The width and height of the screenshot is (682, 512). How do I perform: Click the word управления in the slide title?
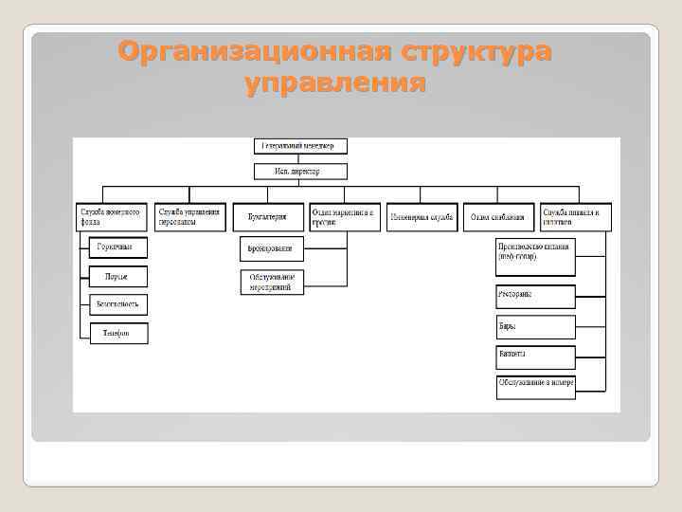click(334, 83)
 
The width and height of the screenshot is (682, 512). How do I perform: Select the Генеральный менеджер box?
click(300, 146)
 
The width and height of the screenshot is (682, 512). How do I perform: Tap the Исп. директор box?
click(300, 172)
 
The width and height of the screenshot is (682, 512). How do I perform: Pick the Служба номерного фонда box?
click(112, 217)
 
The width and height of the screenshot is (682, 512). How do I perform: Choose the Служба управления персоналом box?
click(192, 217)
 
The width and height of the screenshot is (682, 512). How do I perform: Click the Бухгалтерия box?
click(268, 217)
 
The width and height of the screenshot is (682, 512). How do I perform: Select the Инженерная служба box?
click(422, 217)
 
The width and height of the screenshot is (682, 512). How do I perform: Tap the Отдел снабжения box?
click(498, 217)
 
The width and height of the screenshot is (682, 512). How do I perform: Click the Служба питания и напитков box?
click(576, 217)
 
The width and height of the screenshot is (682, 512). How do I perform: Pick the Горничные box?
click(118, 247)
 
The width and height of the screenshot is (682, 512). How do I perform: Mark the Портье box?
click(118, 276)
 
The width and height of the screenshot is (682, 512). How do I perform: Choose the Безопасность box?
click(118, 304)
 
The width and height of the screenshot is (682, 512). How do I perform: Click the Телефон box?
click(118, 333)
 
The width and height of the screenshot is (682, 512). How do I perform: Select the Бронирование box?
click(272, 248)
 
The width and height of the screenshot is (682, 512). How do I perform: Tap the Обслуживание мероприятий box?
click(272, 282)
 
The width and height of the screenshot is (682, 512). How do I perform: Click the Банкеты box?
click(535, 357)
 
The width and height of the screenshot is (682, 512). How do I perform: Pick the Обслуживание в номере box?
click(535, 385)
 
